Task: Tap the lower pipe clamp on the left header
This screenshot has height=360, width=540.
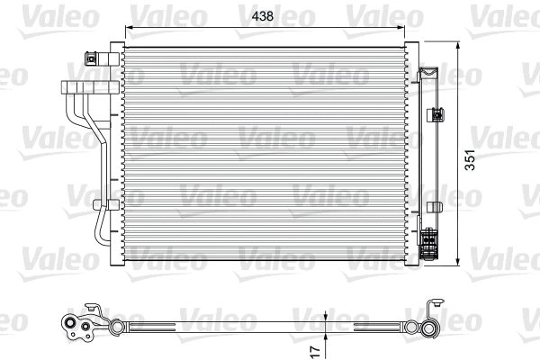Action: [x=100, y=205]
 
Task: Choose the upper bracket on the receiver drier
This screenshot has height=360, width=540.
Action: [x=437, y=114]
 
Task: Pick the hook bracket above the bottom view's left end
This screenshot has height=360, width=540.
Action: [x=90, y=307]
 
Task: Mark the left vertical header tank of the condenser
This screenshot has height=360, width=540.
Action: [x=112, y=153]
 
